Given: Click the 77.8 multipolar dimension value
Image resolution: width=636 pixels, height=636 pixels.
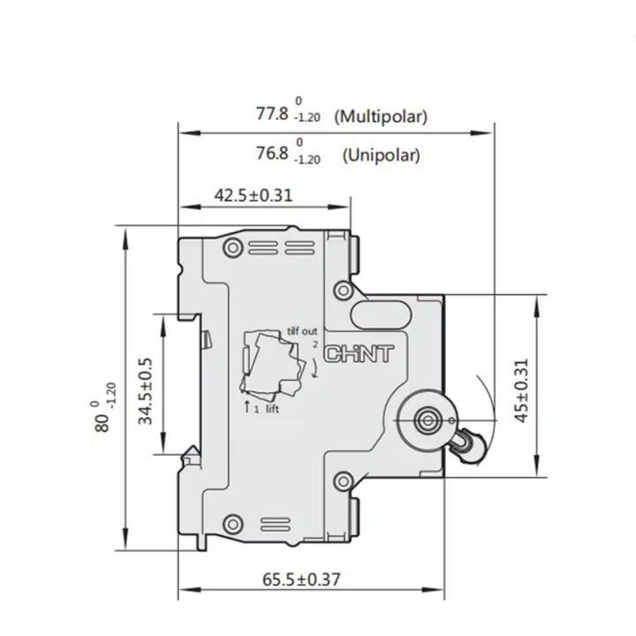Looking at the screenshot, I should click(272, 114).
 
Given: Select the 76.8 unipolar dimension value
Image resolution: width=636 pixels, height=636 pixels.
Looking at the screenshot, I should click(272, 154).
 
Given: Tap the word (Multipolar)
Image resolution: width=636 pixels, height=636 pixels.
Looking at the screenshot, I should click(382, 117).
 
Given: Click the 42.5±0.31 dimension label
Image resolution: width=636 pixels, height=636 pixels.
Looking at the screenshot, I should click(254, 195).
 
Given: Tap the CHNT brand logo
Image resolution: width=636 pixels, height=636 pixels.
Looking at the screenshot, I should click(359, 355).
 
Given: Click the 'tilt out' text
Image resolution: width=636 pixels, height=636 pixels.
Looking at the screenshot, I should click(301, 330).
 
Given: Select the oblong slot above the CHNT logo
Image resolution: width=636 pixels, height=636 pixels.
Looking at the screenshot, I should click(377, 314).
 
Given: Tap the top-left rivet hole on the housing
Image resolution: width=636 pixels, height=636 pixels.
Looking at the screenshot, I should click(233, 245).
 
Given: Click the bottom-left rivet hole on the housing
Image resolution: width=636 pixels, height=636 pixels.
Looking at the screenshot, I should click(233, 524).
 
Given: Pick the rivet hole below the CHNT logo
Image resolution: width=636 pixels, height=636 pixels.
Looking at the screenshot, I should click(343, 481).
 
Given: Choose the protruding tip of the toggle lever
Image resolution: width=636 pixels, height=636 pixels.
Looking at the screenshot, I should click(468, 446).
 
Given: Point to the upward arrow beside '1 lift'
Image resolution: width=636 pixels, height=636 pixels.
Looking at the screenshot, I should click(246, 407).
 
